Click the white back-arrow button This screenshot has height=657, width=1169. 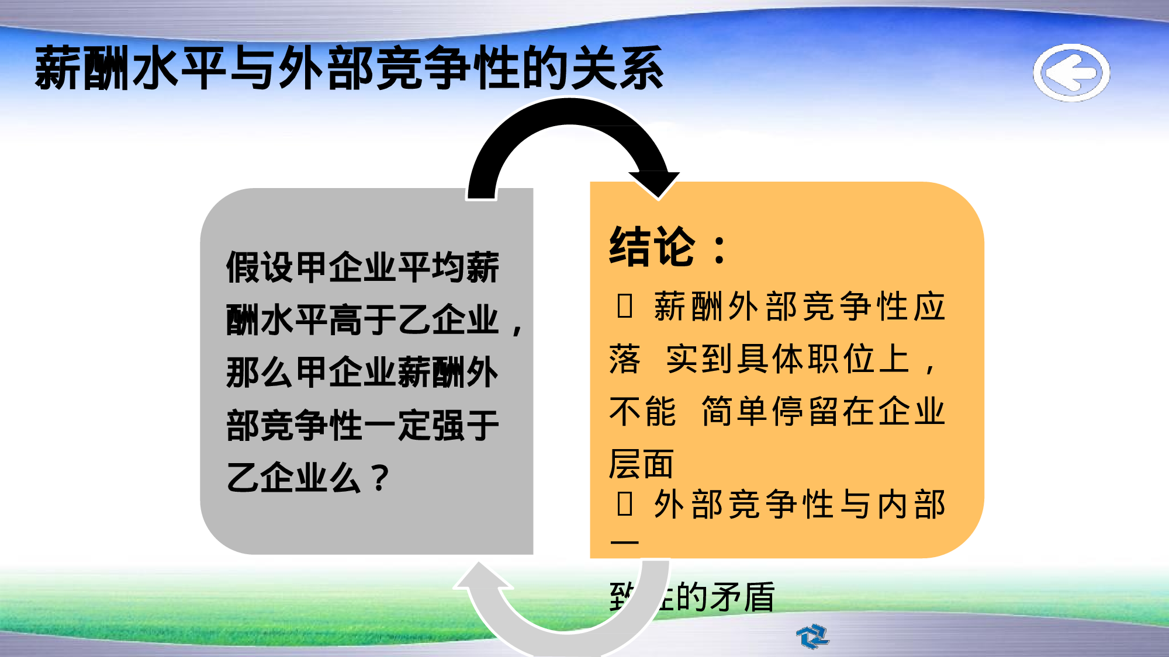1071,72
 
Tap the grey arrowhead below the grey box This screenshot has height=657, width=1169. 482,576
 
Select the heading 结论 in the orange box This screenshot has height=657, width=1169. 652,247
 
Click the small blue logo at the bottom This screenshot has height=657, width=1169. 812,636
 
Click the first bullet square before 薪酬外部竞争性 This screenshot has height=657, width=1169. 624,306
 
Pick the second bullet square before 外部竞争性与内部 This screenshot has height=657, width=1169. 624,503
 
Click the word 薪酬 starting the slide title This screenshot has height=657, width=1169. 82,69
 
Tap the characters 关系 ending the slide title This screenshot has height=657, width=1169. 617,69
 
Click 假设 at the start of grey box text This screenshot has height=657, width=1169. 260,267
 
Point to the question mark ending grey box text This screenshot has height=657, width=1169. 380,478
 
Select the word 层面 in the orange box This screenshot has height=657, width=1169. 641,464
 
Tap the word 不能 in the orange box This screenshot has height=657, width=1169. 642,411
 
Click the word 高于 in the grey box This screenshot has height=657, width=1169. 362,320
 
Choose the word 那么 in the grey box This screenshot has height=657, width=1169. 260,373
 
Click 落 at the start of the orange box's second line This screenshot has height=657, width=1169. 624,359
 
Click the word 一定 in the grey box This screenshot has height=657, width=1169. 397,425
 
